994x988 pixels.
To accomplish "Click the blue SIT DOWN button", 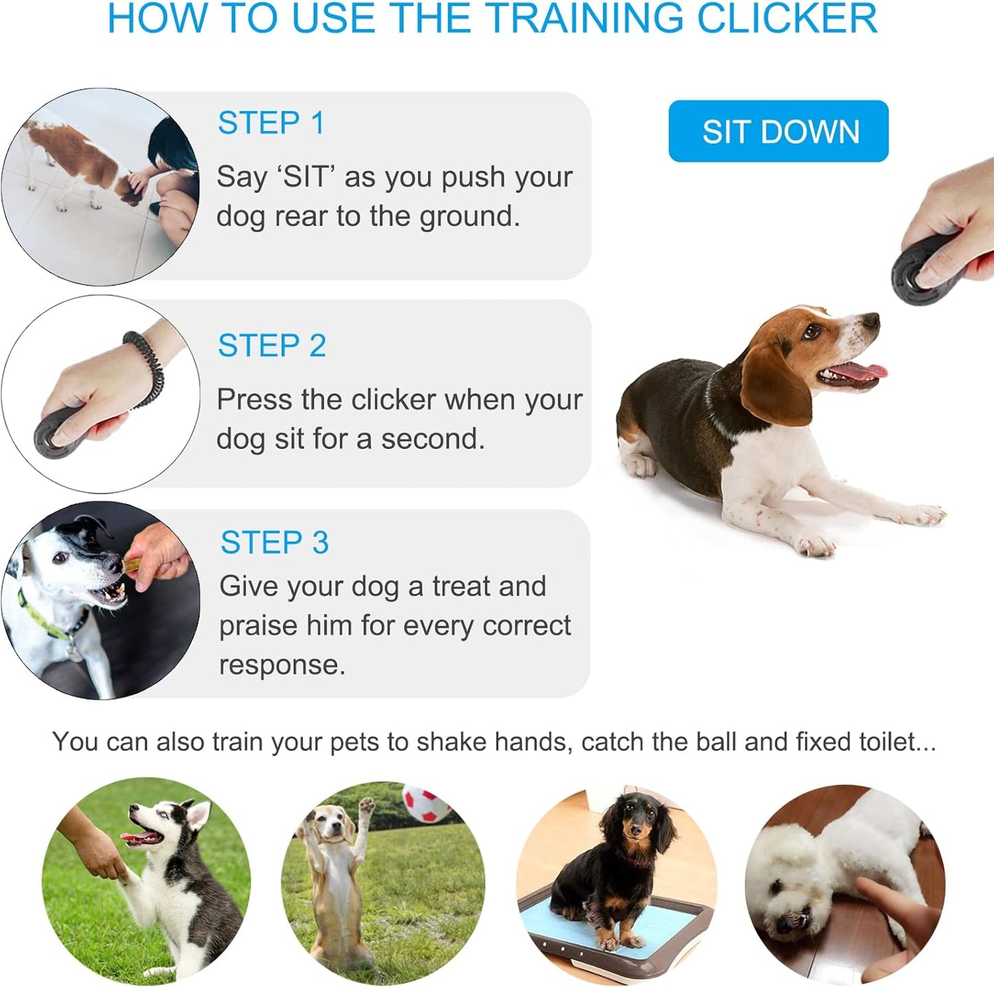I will pyautogui.click(x=778, y=131).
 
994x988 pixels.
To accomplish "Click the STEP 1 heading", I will pyautogui.click(x=270, y=124).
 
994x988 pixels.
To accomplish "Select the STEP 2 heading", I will pyautogui.click(x=272, y=346).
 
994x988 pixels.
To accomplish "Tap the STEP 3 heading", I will pyautogui.click(x=274, y=542).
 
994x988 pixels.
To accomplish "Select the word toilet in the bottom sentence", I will pyautogui.click(x=887, y=742).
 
